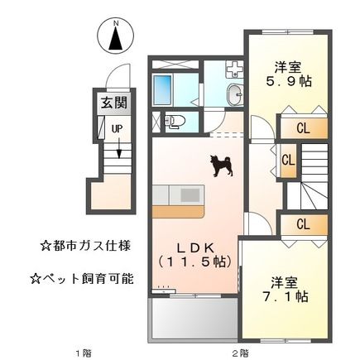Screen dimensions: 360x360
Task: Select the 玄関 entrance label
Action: point(114,105)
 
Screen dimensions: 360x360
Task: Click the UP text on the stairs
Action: point(118,127)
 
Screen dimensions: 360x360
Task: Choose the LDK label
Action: point(194,247)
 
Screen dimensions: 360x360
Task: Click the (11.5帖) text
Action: point(194,262)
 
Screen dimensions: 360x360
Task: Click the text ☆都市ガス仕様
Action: point(84,246)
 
